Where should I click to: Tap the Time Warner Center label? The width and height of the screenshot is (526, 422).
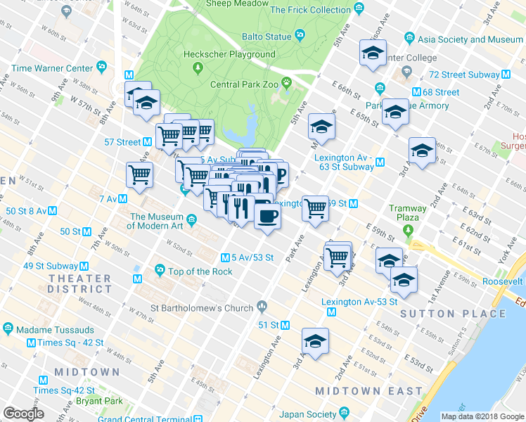point(53,68)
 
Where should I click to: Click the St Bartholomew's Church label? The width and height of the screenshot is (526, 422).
point(202,307)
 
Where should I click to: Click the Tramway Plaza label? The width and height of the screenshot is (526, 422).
point(409,213)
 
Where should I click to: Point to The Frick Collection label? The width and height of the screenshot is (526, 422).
point(310,10)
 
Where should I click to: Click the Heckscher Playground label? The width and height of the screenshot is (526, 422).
point(229,54)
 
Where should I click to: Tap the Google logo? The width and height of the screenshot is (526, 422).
point(23,413)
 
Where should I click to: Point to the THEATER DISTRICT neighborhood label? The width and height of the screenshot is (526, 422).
point(79,283)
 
